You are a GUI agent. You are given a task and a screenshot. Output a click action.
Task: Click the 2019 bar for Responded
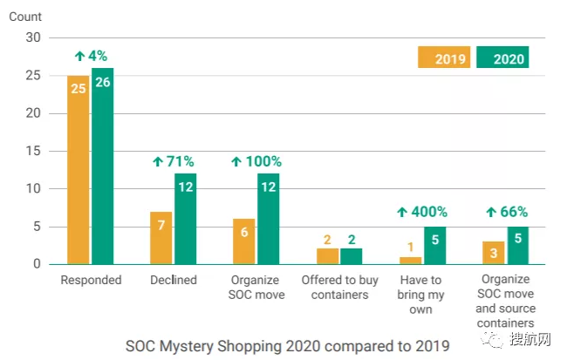tap(78, 169)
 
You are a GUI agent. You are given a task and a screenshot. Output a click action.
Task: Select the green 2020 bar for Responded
tap(102, 166)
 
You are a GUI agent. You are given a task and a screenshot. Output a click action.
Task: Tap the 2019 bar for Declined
tap(161, 237)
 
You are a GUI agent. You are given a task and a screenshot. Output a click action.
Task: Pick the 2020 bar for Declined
tap(185, 218)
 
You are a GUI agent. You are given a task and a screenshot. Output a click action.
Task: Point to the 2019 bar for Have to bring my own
tap(409, 260)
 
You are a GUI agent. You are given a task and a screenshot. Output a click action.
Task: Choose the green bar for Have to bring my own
tap(434, 245)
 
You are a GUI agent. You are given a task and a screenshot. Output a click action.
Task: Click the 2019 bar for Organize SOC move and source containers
tap(493, 252)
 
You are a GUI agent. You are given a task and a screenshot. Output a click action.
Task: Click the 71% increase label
tap(173, 161)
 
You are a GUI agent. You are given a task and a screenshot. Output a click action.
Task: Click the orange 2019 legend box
tap(444, 58)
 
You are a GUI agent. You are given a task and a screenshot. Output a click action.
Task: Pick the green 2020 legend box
tap(503, 58)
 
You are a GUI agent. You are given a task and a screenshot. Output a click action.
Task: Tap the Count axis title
tap(27, 17)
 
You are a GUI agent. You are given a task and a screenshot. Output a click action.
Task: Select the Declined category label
tap(173, 281)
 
